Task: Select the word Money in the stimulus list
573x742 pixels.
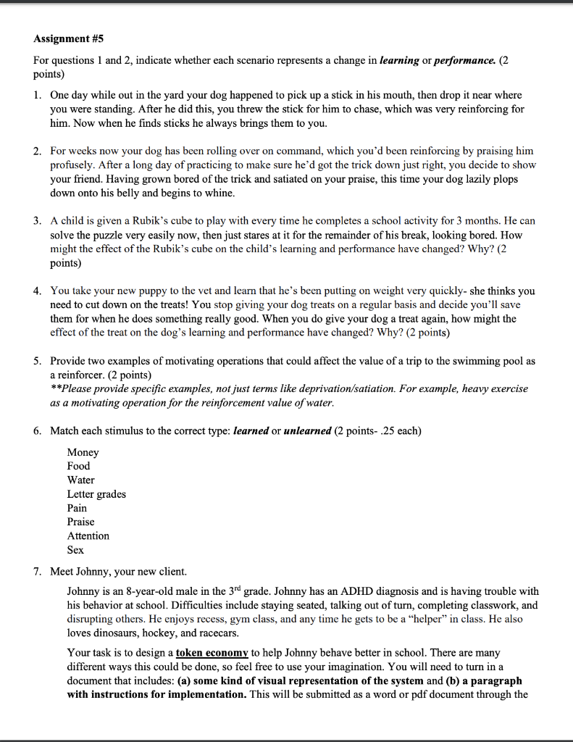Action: pyautogui.click(x=83, y=452)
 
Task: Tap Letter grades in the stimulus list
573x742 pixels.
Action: pyautogui.click(x=96, y=494)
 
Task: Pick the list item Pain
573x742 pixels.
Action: pyautogui.click(x=77, y=508)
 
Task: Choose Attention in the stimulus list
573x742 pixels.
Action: pyautogui.click(x=88, y=535)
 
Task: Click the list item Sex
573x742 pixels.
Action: pyautogui.click(x=75, y=549)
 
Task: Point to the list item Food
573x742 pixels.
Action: pyautogui.click(x=79, y=466)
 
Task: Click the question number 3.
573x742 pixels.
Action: pyautogui.click(x=37, y=220)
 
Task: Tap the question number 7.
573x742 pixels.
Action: pyautogui.click(x=37, y=571)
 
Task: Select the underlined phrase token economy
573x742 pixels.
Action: pyautogui.click(x=212, y=653)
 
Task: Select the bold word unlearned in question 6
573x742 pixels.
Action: pyautogui.click(x=307, y=431)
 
